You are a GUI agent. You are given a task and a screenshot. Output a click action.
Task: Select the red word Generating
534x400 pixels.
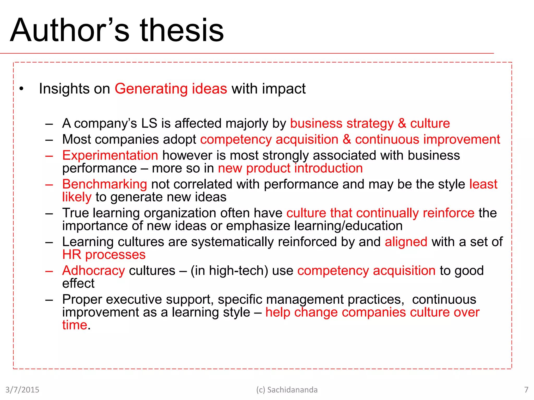tap(151, 89)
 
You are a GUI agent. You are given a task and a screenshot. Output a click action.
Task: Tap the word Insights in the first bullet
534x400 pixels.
tap(64, 89)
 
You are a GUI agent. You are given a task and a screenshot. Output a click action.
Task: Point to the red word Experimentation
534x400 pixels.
tap(110, 155)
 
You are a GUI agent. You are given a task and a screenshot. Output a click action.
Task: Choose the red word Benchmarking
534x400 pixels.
tap(105, 184)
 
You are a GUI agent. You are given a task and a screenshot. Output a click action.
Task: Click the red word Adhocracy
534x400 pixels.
tap(94, 271)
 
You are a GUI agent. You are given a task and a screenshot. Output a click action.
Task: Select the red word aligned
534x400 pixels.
tap(406, 242)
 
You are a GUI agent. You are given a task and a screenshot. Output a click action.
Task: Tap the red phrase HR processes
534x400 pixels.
tap(104, 255)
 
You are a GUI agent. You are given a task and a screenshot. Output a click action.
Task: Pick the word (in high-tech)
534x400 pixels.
tap(229, 271)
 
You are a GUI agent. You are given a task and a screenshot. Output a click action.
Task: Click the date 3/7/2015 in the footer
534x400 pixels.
tap(22, 390)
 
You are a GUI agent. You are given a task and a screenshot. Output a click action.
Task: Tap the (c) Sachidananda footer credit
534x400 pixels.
tap(287, 390)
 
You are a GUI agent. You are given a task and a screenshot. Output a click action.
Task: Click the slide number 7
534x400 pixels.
tap(526, 390)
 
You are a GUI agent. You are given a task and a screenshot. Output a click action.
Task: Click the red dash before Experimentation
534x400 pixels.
tap(49, 156)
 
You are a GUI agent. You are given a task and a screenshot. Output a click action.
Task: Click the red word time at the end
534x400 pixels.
tap(75, 325)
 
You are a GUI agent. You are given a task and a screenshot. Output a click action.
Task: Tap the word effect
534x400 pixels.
tap(78, 283)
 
